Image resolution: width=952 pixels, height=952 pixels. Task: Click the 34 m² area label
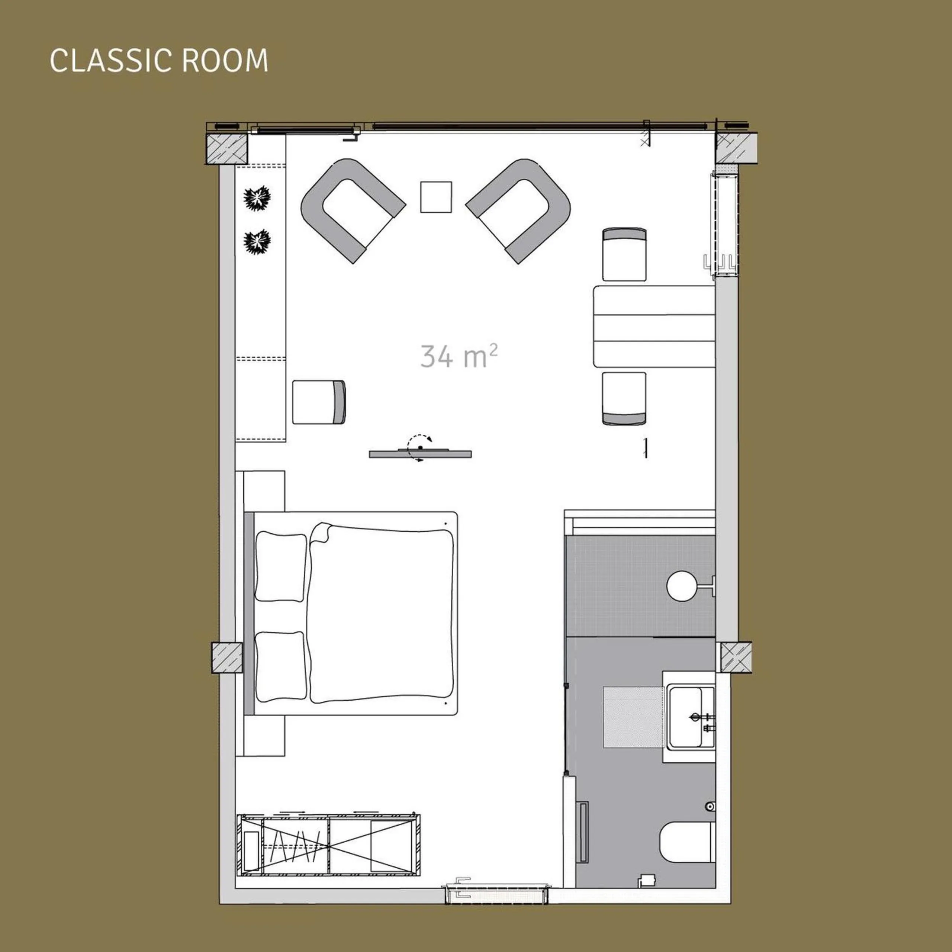click(458, 356)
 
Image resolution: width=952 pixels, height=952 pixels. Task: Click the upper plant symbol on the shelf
click(258, 199)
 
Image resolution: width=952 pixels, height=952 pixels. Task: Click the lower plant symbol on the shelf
click(258, 241)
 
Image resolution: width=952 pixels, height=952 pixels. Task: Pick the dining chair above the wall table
click(624, 254)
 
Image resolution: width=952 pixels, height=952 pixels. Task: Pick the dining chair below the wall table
click(624, 398)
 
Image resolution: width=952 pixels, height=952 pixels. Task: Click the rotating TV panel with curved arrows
click(420, 453)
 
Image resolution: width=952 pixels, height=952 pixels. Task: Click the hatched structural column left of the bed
click(227, 657)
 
